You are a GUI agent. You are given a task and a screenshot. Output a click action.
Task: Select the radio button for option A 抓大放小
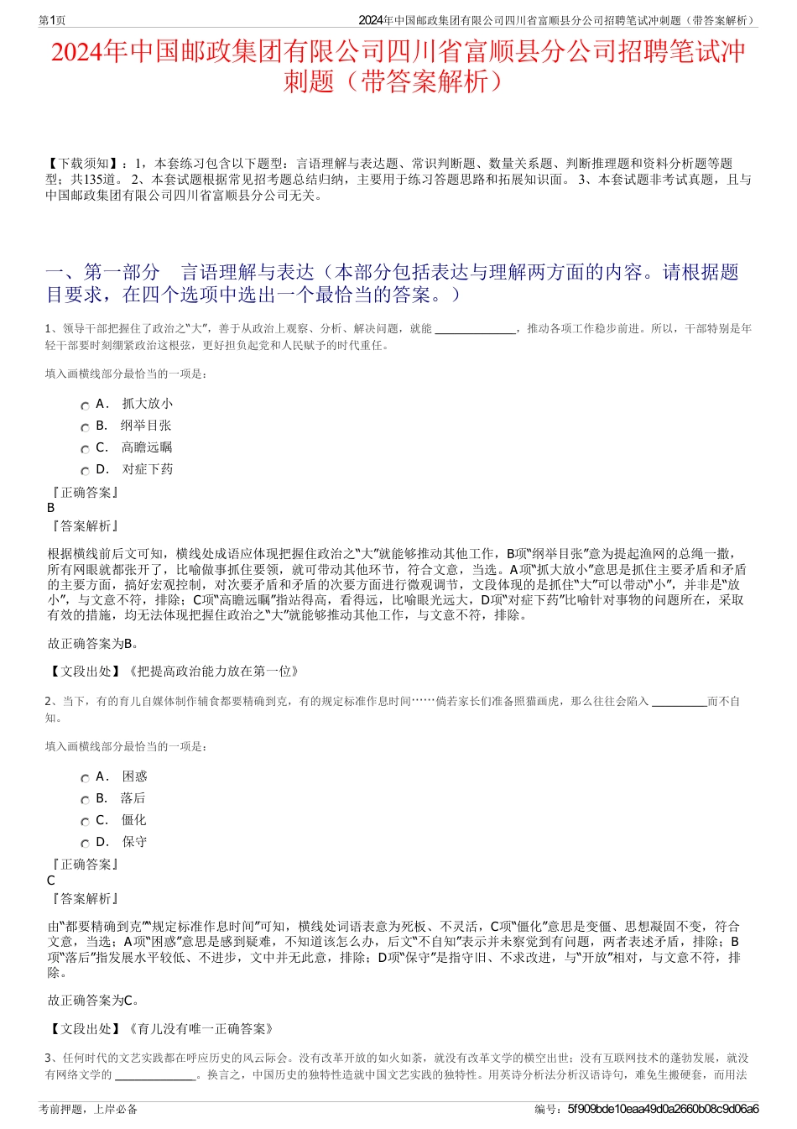(85, 405)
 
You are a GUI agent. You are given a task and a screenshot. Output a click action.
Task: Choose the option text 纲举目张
(146, 426)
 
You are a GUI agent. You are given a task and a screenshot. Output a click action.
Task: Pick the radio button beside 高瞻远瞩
(85, 449)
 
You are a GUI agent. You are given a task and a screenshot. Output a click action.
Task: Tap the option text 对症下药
(148, 469)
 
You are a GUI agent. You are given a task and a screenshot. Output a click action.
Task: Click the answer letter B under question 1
(51, 508)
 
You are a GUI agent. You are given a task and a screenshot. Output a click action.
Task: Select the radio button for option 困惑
(85, 778)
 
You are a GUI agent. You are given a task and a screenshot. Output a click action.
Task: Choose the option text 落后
(133, 798)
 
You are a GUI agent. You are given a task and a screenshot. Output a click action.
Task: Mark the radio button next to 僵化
(85, 822)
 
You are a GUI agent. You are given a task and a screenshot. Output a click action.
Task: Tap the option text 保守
(134, 842)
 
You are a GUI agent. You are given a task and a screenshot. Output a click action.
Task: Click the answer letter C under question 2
(51, 881)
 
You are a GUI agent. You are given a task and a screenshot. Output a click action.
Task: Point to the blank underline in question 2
(679, 703)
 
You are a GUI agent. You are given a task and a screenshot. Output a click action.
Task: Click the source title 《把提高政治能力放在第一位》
(213, 671)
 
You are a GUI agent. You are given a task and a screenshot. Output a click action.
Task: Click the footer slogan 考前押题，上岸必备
(88, 1109)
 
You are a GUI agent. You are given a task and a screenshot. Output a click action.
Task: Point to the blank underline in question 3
(155, 1075)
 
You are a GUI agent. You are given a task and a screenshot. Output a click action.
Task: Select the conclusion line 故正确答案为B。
(94, 644)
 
